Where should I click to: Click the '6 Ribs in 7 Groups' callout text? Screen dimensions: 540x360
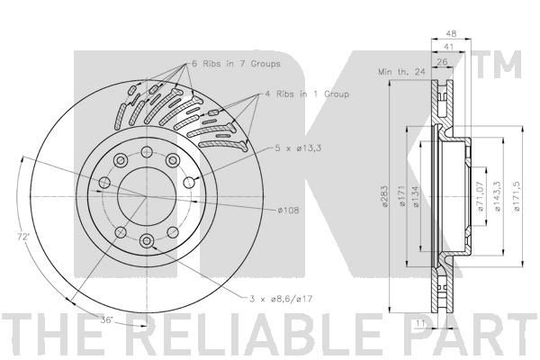pyautogui.click(x=236, y=64)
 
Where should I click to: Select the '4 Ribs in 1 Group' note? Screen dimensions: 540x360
pyautogui.click(x=307, y=94)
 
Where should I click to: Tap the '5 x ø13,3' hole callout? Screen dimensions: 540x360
pyautogui.click(x=298, y=148)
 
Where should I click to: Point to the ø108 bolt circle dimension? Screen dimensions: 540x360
pyautogui.click(x=288, y=210)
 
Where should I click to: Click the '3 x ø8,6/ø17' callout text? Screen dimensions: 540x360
pyautogui.click(x=281, y=299)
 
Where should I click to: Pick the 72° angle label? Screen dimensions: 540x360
pyautogui.click(x=23, y=237)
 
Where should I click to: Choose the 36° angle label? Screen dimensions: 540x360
pyautogui.click(x=107, y=319)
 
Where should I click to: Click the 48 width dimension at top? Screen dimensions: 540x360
pyautogui.click(x=451, y=34)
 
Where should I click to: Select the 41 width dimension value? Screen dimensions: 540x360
pyautogui.click(x=448, y=47)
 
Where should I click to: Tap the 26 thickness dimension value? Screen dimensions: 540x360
pyautogui.click(x=442, y=62)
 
